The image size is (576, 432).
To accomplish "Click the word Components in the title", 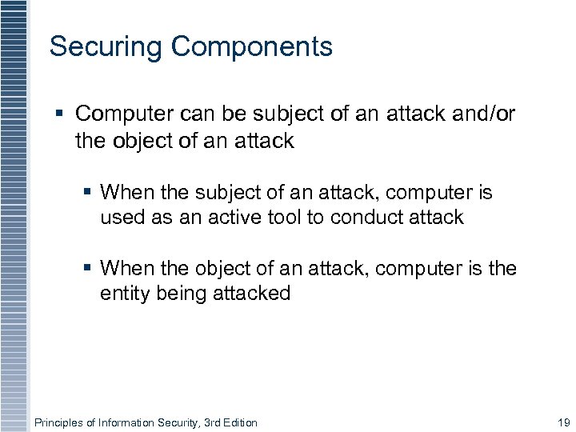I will click(251, 47).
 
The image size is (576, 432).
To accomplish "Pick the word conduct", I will click(370, 218).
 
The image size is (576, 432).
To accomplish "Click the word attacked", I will click(254, 294).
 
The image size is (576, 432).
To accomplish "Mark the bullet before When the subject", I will click(88, 193).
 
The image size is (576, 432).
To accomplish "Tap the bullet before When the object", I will click(88, 269).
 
